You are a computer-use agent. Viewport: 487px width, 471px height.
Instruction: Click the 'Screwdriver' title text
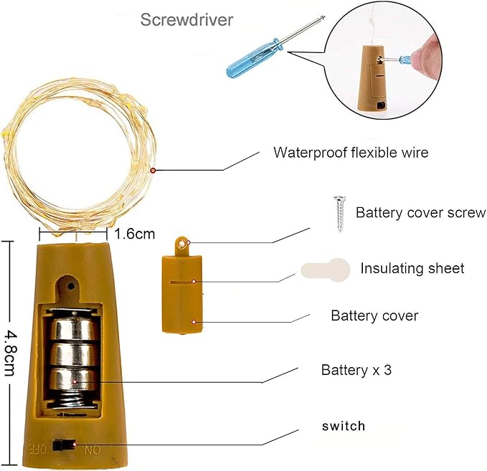tap(186, 19)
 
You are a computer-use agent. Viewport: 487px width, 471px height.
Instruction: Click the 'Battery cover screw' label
tap(420, 213)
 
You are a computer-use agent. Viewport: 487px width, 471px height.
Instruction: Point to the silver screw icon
tap(337, 214)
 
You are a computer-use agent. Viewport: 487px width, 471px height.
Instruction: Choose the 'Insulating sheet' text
tap(412, 268)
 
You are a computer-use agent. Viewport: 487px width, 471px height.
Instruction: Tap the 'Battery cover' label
tap(374, 315)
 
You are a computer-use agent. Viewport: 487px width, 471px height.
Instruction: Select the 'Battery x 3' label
tap(356, 371)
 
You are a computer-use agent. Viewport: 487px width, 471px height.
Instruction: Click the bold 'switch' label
tap(343, 426)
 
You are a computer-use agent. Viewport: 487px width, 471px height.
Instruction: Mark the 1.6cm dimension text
tap(134, 234)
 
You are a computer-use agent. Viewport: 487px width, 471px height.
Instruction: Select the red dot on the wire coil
tap(153, 170)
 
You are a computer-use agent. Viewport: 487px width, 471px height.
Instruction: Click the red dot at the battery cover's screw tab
tap(183, 244)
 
